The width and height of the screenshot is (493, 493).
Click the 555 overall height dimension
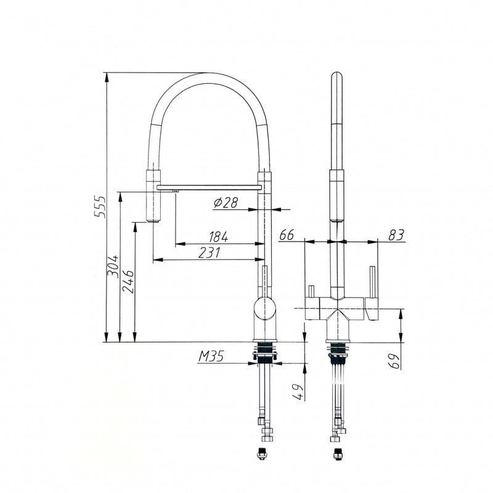click(100, 207)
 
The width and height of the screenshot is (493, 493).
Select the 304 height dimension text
click(113, 266)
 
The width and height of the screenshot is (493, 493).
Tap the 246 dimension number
click(128, 282)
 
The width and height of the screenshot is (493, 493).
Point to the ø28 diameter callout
click(226, 203)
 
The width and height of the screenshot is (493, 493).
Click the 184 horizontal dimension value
click(219, 237)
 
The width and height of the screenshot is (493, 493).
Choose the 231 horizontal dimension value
click(210, 253)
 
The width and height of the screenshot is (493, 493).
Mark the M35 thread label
click(211, 356)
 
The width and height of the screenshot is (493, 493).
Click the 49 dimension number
click(298, 392)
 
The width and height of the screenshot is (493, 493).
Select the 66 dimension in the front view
click(287, 235)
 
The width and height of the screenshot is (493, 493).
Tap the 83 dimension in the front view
click(396, 235)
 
